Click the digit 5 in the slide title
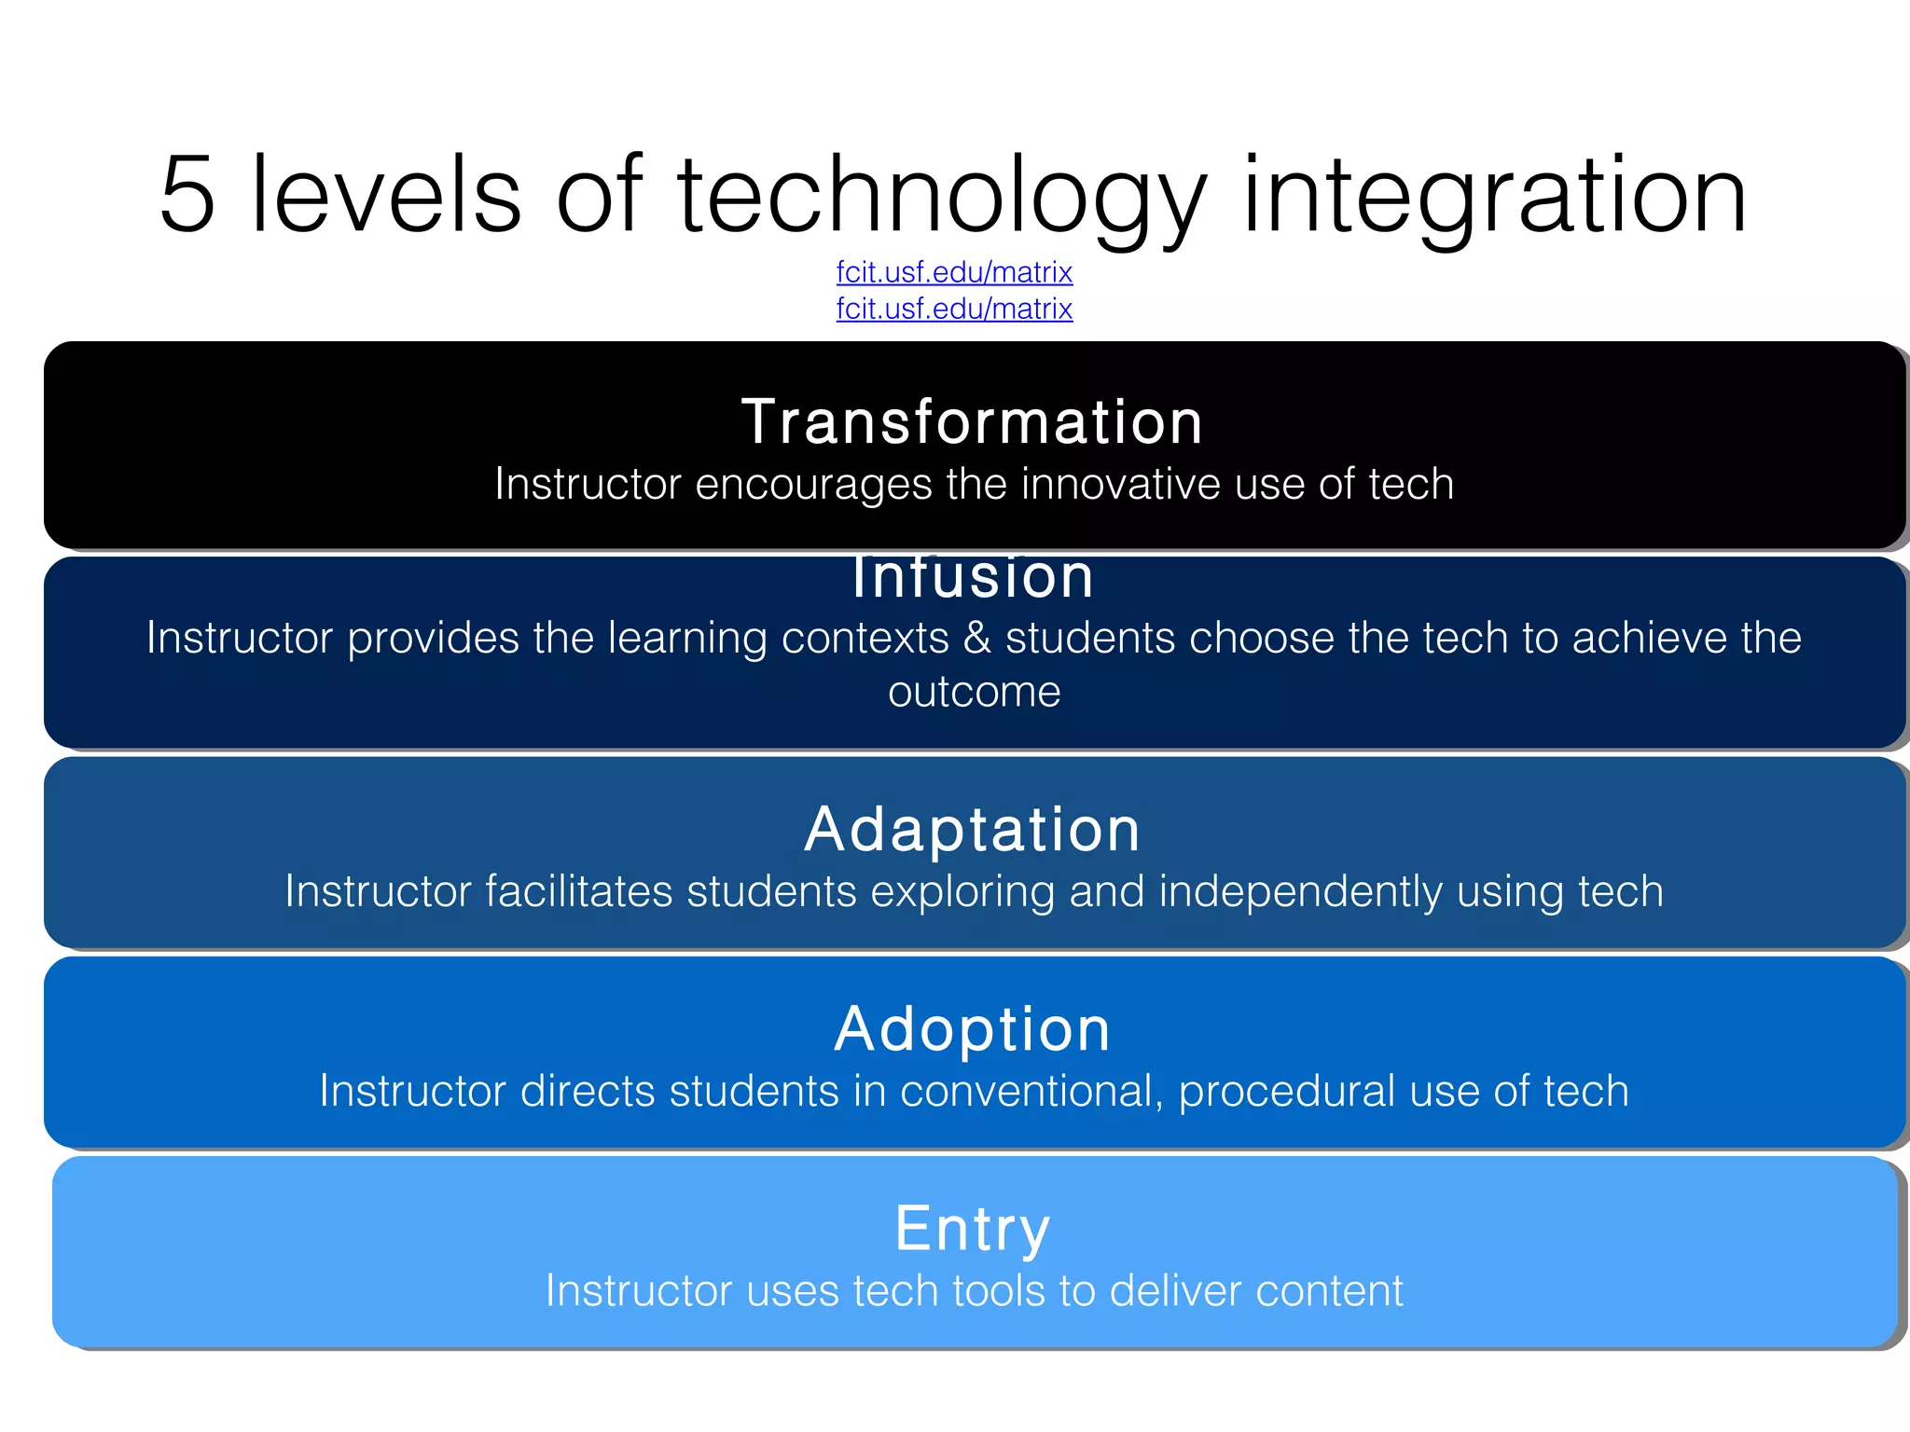[188, 194]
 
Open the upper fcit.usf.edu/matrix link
[954, 272]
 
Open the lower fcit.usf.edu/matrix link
[954, 309]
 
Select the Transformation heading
[972, 421]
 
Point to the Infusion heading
[972, 578]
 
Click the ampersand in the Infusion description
[976, 639]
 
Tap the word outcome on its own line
[974, 692]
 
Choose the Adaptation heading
[972, 829]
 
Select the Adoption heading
[972, 1029]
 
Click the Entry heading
[972, 1229]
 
